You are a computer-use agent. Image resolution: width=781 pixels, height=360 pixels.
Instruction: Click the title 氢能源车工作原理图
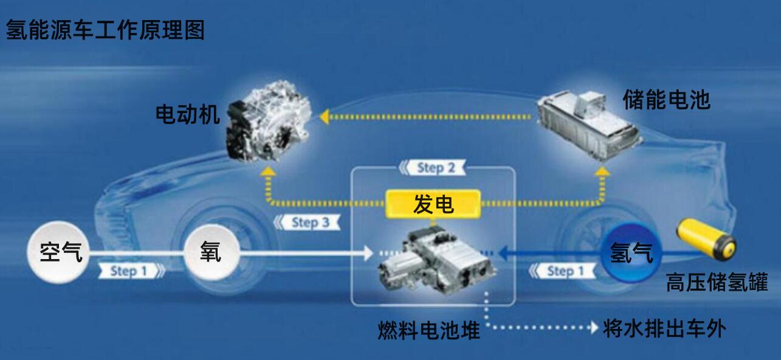click(x=105, y=30)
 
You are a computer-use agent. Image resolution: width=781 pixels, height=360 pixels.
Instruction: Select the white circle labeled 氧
click(x=212, y=252)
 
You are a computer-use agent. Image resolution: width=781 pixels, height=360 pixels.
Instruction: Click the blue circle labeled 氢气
click(x=631, y=252)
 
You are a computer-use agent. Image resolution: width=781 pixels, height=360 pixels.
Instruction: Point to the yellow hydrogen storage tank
click(x=706, y=240)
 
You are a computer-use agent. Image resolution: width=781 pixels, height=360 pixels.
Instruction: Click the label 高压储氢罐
click(x=717, y=282)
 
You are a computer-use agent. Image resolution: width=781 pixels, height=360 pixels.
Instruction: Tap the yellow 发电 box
click(x=433, y=204)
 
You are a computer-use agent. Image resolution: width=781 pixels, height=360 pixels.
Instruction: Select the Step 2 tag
click(x=432, y=168)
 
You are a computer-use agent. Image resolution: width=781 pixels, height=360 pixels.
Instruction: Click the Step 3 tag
click(x=307, y=223)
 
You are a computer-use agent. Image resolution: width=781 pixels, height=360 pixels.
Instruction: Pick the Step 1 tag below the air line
click(x=131, y=271)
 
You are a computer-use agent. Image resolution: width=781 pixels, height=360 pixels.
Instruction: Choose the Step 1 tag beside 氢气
click(x=562, y=271)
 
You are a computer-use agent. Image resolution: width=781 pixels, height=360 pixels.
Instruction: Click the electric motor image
click(x=268, y=120)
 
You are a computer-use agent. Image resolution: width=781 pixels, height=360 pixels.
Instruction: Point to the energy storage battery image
click(x=589, y=125)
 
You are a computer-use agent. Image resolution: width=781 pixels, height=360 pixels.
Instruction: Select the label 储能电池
click(x=666, y=99)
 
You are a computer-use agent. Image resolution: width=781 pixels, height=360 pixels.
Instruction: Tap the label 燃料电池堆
click(x=429, y=330)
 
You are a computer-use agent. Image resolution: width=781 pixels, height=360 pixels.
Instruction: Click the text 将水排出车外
click(x=664, y=328)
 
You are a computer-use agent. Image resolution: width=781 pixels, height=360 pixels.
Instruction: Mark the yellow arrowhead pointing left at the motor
click(x=324, y=117)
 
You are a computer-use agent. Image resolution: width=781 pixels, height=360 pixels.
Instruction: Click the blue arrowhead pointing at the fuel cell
click(x=503, y=253)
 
